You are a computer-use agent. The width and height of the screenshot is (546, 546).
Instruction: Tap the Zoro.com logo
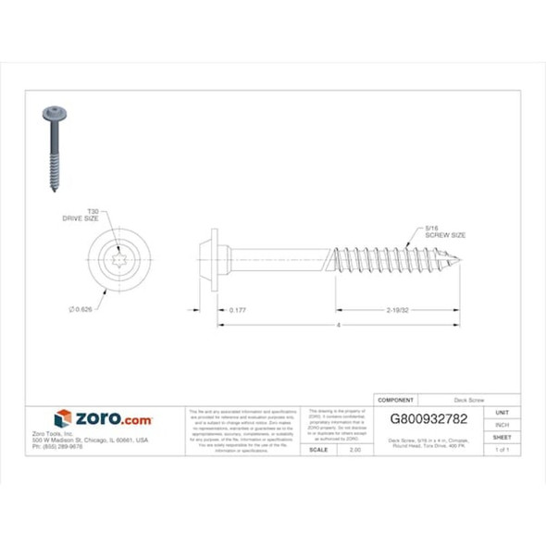tap(103, 419)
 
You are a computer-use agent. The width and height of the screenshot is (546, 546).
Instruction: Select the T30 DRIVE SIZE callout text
tap(92, 216)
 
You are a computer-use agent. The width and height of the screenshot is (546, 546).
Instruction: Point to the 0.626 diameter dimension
tap(82, 308)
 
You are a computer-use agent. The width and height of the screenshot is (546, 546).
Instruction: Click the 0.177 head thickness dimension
tap(238, 310)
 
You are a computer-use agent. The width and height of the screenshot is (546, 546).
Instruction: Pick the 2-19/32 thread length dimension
tap(397, 310)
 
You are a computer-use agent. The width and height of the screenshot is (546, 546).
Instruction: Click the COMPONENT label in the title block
tap(397, 400)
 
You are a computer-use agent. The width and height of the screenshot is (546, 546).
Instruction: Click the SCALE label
tap(316, 449)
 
